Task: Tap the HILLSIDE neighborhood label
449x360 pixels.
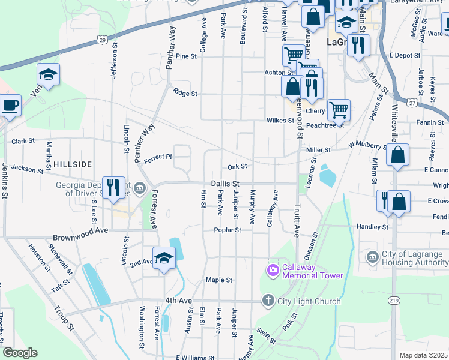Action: [73, 164]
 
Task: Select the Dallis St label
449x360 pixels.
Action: [225, 184]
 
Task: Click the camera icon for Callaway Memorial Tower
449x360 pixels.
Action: [273, 270]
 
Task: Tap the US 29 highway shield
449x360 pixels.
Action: [103, 40]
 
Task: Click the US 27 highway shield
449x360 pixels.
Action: [411, 103]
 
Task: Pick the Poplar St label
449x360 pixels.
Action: [229, 230]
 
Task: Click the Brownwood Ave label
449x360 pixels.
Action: [80, 230]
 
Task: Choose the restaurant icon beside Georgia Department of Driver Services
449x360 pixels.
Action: [113, 188]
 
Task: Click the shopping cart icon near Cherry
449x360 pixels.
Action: [339, 110]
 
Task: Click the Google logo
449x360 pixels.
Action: [20, 353]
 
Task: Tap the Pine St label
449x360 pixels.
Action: [186, 56]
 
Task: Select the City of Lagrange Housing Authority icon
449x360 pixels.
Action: [372, 257]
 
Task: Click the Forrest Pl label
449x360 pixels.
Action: [158, 156]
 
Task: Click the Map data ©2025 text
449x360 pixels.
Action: [423, 355]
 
